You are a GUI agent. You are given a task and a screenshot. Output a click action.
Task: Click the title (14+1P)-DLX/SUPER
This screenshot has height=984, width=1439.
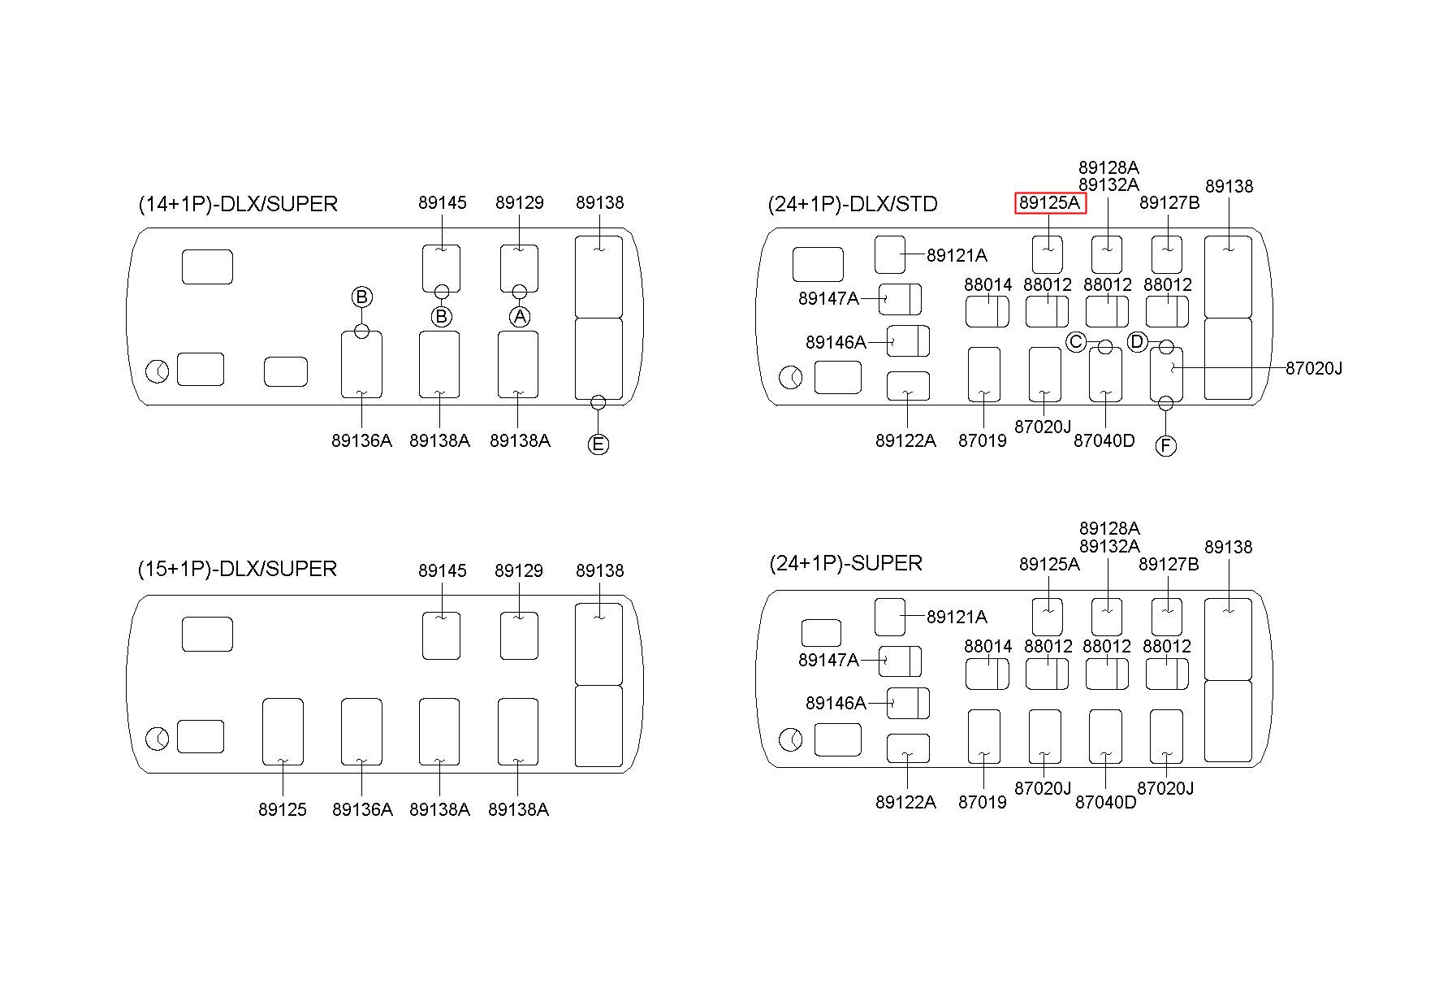[238, 204]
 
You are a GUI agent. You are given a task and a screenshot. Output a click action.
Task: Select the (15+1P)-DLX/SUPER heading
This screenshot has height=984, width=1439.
[237, 569]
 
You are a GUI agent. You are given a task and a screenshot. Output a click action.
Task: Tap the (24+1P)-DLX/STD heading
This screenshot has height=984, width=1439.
[853, 204]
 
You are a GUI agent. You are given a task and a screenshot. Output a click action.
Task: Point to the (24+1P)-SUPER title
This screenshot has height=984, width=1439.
[845, 563]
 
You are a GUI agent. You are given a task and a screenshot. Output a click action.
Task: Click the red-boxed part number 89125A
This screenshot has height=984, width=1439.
[1050, 203]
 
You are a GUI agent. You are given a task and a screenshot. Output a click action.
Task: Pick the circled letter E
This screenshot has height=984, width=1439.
[598, 444]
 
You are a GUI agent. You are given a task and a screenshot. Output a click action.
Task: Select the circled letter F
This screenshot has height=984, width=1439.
[1165, 445]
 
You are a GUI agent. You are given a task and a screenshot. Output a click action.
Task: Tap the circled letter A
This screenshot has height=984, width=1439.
[520, 316]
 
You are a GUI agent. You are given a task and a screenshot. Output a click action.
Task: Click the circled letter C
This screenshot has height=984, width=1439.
[1076, 342]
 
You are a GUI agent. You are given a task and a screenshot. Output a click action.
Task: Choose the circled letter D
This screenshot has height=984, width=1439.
[1137, 342]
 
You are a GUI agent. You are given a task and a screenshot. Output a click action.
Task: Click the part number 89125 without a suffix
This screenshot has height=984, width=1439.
[283, 809]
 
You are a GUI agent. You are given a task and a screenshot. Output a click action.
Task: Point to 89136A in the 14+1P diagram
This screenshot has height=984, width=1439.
[361, 440]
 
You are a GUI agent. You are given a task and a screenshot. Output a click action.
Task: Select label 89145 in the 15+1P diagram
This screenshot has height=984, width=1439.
[443, 570]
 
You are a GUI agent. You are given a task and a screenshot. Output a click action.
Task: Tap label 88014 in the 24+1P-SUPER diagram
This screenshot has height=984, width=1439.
[988, 646]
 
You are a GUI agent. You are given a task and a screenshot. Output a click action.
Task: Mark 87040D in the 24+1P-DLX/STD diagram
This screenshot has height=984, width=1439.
[1104, 440]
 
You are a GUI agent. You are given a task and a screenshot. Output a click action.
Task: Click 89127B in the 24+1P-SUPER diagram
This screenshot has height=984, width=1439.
[1169, 564]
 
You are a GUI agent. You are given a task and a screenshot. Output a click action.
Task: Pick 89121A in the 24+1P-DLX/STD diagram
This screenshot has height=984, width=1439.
[957, 256]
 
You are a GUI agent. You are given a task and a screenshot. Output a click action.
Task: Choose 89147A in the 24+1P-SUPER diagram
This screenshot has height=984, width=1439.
[828, 660]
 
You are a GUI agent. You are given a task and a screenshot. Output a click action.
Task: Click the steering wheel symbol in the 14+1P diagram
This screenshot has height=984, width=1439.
[158, 372]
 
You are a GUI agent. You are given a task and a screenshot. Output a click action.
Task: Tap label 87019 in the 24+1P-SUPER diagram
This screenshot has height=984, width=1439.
[983, 802]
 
